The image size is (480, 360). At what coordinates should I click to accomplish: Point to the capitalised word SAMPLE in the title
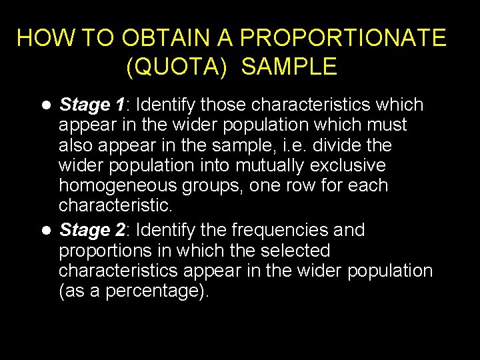click(289, 67)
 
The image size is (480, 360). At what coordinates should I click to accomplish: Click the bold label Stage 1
click(92, 105)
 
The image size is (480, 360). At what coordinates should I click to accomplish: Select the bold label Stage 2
click(92, 230)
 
